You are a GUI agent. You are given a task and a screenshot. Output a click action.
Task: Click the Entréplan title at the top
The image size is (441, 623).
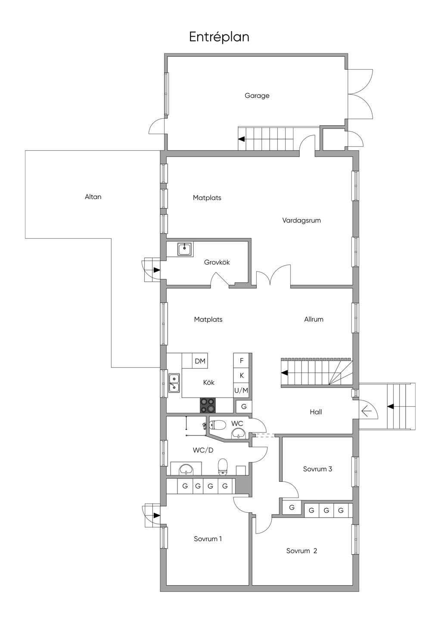tap(219, 37)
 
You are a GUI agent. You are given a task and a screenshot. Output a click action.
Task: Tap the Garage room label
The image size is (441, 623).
tap(257, 96)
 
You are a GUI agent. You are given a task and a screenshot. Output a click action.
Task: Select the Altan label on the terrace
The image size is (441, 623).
tap(93, 197)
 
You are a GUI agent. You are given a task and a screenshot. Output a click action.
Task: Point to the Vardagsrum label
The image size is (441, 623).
tap(301, 220)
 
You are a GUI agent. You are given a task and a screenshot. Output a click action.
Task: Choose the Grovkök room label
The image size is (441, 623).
tap(217, 262)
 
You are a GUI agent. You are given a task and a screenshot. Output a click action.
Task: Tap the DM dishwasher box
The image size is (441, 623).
tap(200, 361)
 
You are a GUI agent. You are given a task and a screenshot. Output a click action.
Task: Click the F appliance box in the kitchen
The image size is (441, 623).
tap(242, 361)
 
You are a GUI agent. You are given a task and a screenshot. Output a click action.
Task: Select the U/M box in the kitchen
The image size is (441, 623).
tap(241, 390)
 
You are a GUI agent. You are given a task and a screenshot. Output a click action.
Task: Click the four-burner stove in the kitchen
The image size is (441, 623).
tap(208, 405)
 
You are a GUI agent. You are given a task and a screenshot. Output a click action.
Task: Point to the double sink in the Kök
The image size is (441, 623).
tap(174, 382)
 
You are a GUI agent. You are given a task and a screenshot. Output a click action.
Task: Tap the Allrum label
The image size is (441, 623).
tap(314, 319)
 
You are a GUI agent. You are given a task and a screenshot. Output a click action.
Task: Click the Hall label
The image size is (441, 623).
tap(316, 412)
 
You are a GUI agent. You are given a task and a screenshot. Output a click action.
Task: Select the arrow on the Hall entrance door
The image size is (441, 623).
tap(366, 412)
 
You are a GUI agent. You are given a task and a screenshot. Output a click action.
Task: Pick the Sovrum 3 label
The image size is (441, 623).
tap(317, 469)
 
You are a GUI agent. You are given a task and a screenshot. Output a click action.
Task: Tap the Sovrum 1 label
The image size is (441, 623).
tap(208, 539)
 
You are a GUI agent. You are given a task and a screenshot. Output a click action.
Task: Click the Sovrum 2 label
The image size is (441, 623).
tap(301, 551)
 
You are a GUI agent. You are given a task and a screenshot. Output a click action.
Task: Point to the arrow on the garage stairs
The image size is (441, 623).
tap(242, 139)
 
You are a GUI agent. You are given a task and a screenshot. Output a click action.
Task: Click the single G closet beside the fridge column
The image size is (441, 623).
tap(244, 406)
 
